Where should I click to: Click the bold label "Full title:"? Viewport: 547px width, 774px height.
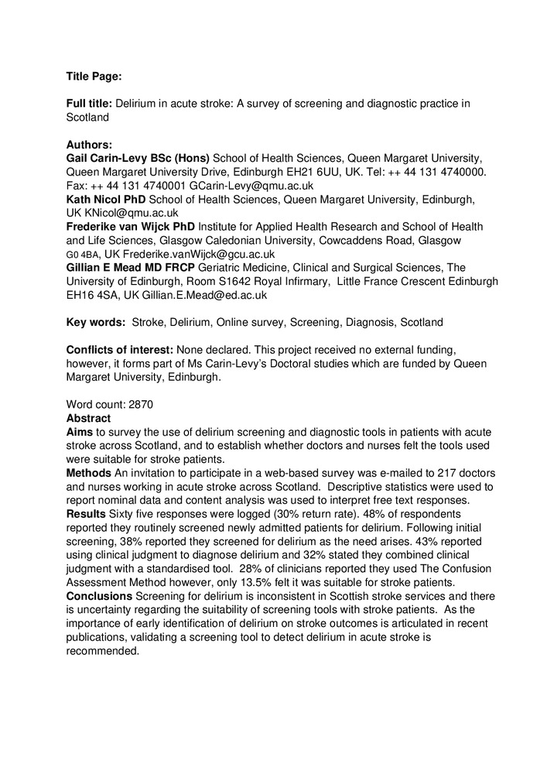tap(89, 104)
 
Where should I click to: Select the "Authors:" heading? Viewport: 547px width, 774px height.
tap(89, 144)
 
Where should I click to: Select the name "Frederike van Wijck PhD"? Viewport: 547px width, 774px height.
tap(131, 227)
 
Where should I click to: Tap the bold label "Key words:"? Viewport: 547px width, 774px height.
tap(96, 322)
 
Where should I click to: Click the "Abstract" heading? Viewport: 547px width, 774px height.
tap(88, 418)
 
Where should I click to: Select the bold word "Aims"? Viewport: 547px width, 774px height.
tap(80, 432)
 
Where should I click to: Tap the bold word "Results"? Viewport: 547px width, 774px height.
tap(86, 514)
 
